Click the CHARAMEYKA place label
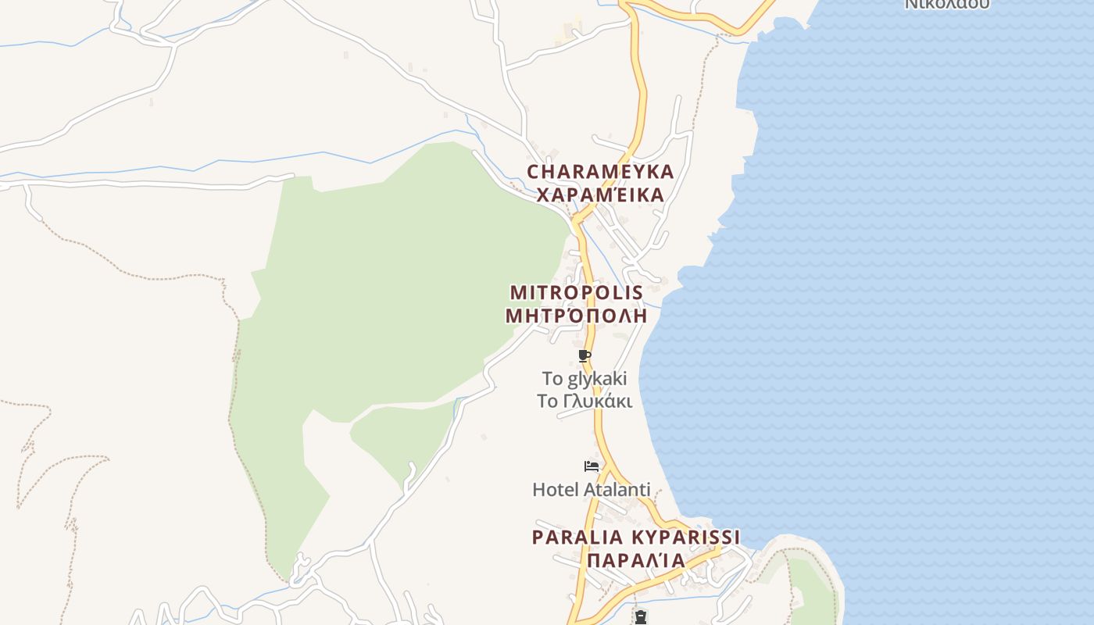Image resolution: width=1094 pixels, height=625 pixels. (600, 172)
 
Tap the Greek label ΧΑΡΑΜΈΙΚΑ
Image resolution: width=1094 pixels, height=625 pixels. (600, 195)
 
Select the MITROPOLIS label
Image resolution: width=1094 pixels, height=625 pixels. (577, 293)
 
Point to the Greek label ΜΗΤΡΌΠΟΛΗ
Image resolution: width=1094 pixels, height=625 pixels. (577, 316)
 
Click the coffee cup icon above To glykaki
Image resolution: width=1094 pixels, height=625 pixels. (585, 357)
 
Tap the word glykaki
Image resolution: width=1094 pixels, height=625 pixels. (597, 380)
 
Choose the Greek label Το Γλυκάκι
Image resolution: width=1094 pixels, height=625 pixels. (585, 402)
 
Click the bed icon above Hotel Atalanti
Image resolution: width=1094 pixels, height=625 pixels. (592, 466)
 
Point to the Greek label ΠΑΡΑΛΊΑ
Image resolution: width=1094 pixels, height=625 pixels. (636, 560)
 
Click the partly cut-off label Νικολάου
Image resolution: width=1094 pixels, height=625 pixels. (947, 4)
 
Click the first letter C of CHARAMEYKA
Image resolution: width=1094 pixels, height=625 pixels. (534, 172)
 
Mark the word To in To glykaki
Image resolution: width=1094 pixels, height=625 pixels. (552, 380)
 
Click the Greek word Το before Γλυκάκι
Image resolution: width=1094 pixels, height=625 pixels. (547, 402)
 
